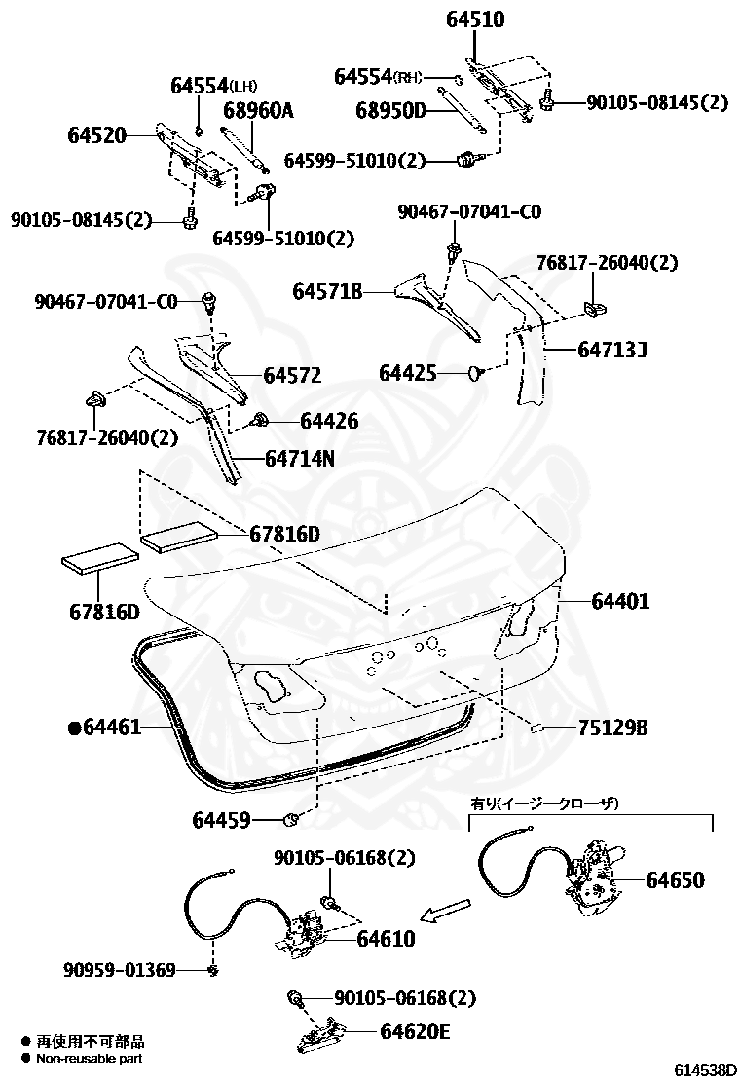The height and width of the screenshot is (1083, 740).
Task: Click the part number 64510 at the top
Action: (476, 19)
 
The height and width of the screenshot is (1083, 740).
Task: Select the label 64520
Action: (96, 135)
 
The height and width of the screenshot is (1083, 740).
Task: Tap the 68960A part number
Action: (258, 110)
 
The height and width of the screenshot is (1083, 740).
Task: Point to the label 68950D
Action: (388, 110)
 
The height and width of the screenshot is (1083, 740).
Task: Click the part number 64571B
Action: (328, 290)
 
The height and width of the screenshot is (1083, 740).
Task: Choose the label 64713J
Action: (613, 348)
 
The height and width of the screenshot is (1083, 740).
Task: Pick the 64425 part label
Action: (408, 373)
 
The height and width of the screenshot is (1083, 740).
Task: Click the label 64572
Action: (292, 375)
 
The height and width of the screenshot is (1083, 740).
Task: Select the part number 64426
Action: (329, 421)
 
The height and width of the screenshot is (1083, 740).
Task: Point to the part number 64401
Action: (620, 601)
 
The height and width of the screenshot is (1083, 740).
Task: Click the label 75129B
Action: (612, 728)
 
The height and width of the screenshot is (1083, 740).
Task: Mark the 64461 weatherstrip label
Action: (112, 727)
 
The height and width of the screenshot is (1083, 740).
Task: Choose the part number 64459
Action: (221, 820)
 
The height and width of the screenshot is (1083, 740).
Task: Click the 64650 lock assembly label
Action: (675, 880)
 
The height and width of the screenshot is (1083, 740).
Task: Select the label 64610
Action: (386, 939)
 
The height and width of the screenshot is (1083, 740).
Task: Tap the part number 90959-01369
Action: (120, 970)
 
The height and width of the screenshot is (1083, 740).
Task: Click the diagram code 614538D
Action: (705, 1069)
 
